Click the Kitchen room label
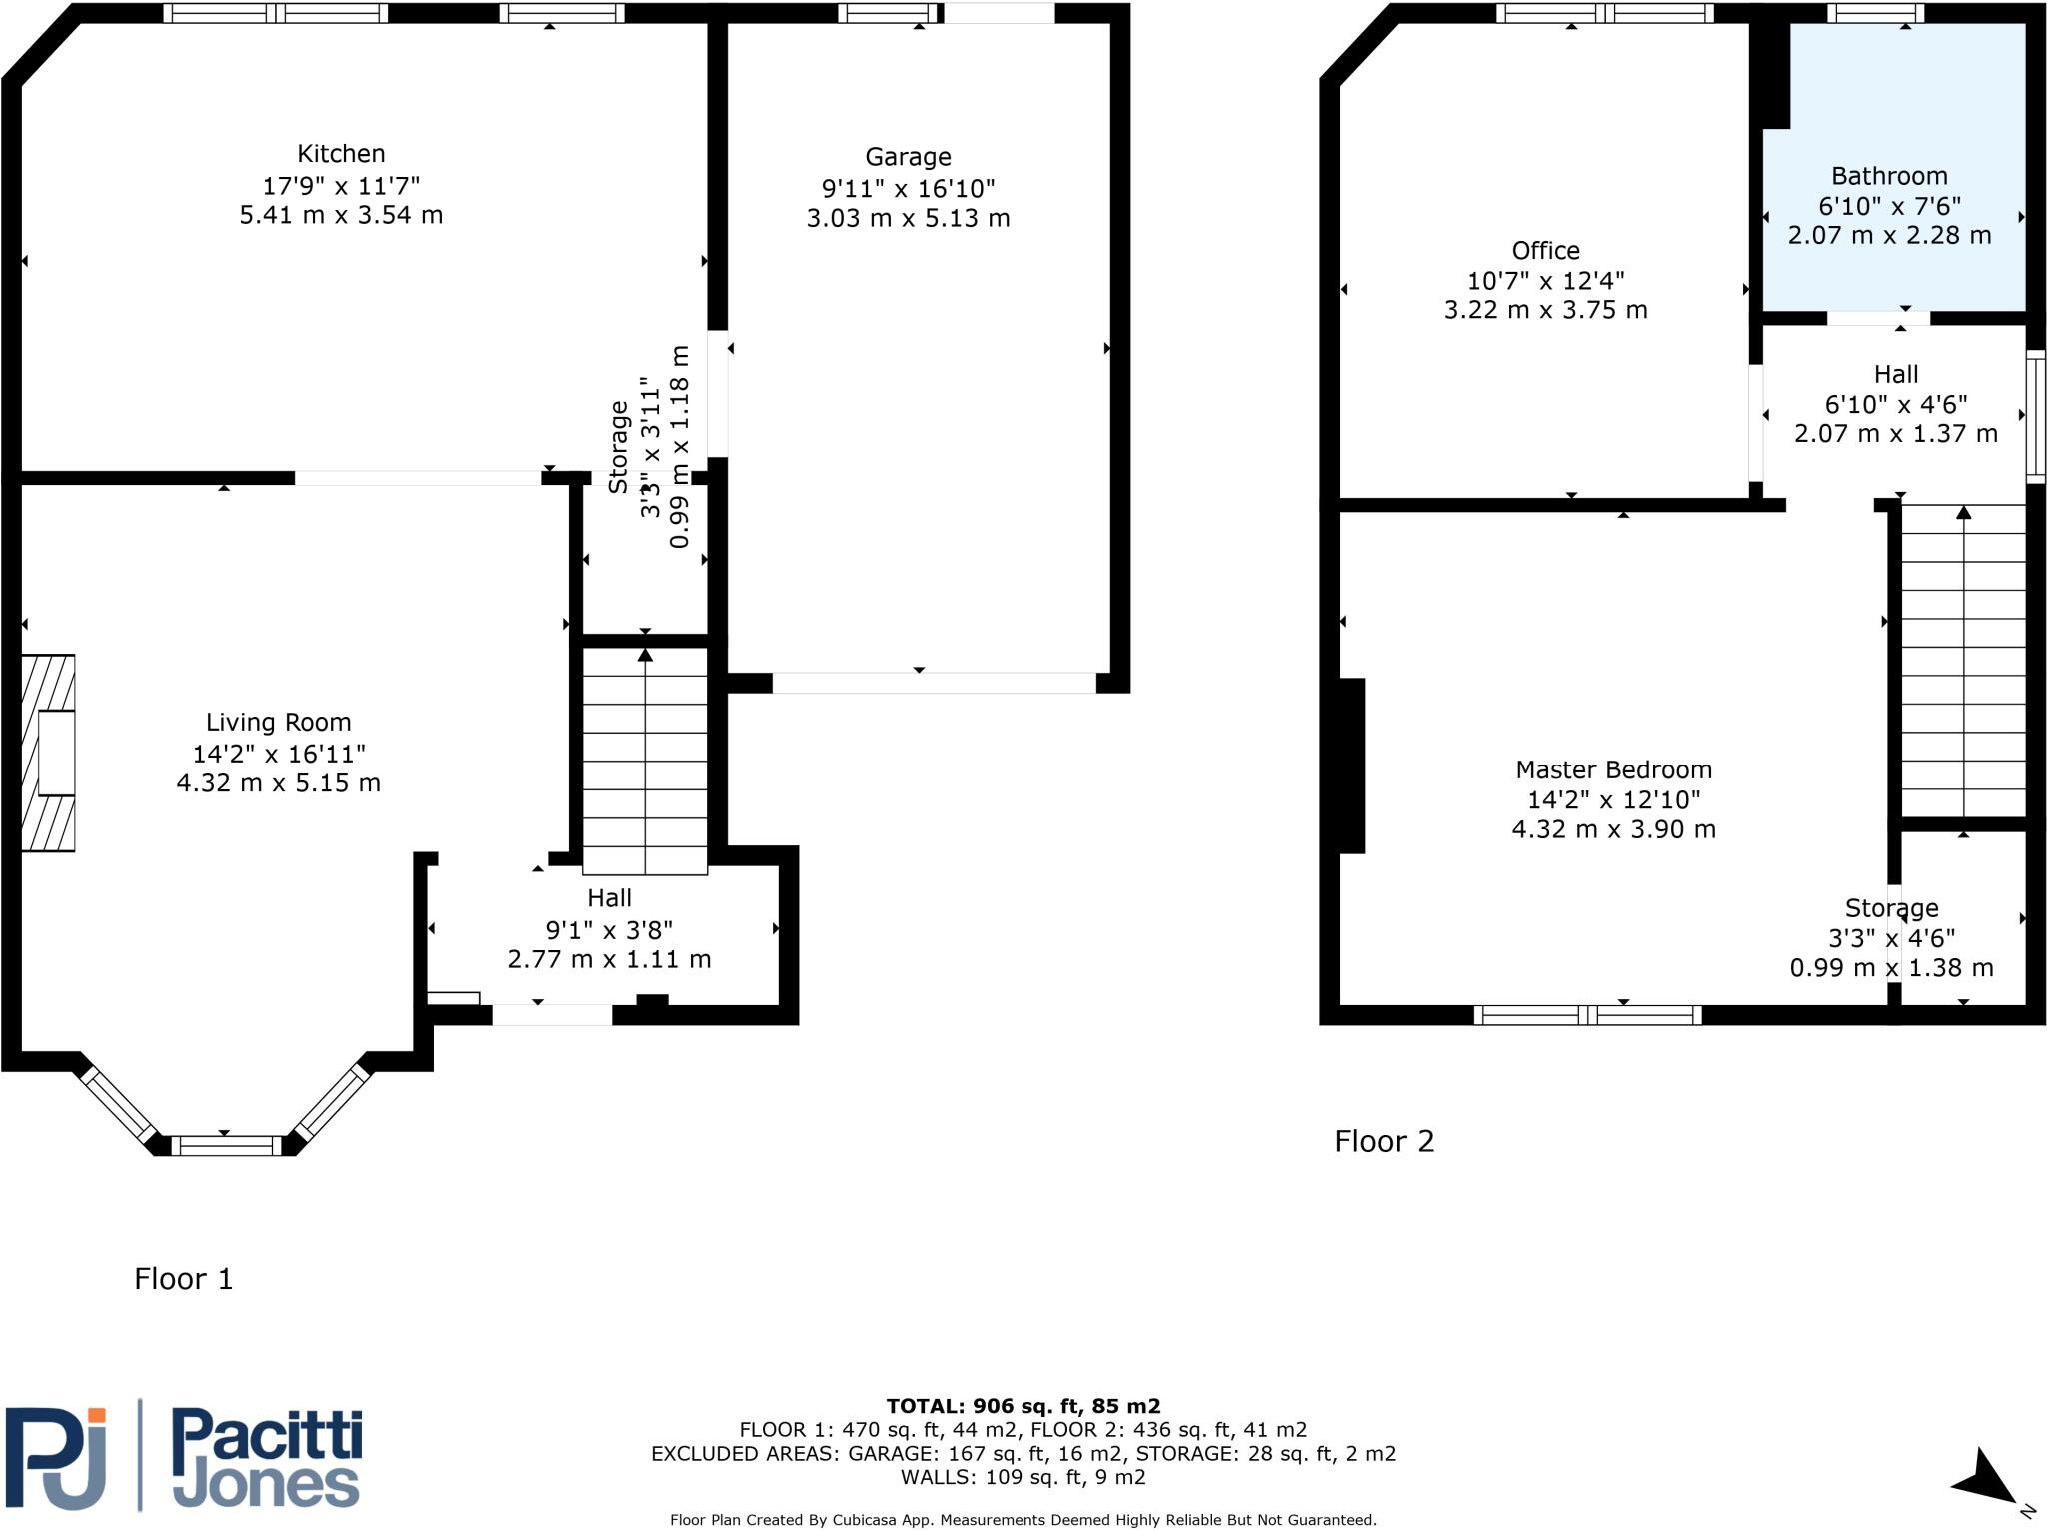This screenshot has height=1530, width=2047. click(x=341, y=154)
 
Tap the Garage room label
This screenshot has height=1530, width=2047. click(x=908, y=157)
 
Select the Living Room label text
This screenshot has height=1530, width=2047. click(x=278, y=723)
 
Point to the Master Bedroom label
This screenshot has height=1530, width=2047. click(x=1613, y=770)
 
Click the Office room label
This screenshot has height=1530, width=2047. click(x=1545, y=251)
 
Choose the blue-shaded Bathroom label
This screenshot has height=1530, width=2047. click(x=1889, y=177)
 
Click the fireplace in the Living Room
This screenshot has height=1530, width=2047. click(x=49, y=753)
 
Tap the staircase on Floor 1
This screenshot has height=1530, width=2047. click(x=645, y=760)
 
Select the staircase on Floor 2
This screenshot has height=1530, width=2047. click(x=1963, y=660)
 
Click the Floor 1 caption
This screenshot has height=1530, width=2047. click(x=184, y=1279)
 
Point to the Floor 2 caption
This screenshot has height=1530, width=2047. click(x=1384, y=1141)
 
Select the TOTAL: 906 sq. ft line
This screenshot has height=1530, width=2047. click(x=1023, y=1407)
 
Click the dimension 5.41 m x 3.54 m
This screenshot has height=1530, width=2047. click(x=341, y=215)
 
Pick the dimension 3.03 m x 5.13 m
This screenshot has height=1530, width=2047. click(x=908, y=218)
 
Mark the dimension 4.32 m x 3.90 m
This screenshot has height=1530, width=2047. click(x=1613, y=829)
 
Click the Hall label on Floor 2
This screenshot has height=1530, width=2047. click(x=1895, y=375)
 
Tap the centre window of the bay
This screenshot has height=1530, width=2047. click(x=226, y=1145)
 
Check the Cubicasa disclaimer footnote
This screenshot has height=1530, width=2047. click(x=1023, y=1520)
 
